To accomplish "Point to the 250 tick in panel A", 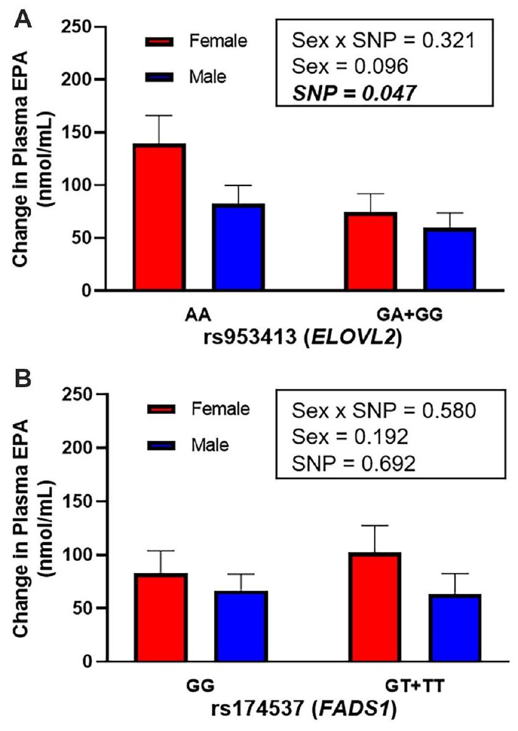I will [78, 27].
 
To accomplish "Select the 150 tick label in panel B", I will [78, 501].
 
